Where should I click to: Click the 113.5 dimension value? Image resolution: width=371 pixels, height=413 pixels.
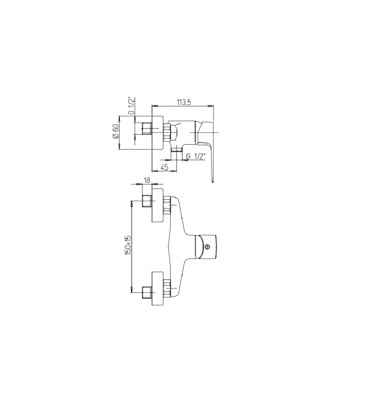[x=183, y=102]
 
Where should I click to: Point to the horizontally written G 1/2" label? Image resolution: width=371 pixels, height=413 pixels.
[x=196, y=156]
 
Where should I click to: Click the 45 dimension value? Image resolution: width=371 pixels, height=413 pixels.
[x=164, y=167]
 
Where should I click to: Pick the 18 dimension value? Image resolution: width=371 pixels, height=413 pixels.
[x=147, y=180]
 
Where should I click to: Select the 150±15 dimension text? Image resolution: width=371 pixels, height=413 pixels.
[x=128, y=245]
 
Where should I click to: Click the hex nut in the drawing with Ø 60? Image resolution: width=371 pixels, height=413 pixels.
[x=167, y=133]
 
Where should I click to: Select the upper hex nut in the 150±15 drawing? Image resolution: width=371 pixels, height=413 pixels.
[x=167, y=205]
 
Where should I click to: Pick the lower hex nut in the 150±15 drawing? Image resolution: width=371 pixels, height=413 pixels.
[x=167, y=289]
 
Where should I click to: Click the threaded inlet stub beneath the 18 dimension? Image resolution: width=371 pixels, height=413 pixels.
[x=147, y=201]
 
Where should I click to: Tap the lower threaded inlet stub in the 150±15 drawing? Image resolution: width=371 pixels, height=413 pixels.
[x=147, y=293]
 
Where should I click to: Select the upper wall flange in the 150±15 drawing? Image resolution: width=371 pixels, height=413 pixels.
[x=158, y=205]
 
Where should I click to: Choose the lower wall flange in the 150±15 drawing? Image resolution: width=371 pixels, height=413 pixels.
[x=158, y=289]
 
